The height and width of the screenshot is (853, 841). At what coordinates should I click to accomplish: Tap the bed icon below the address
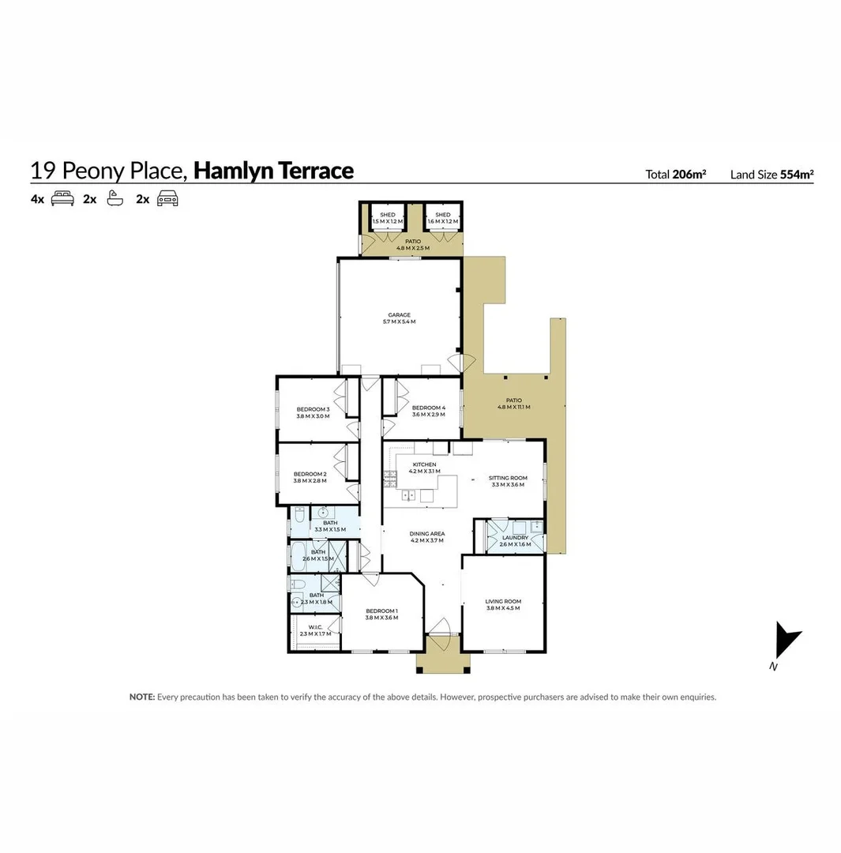[x=62, y=199]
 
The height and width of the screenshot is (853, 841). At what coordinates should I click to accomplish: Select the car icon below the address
[x=167, y=199]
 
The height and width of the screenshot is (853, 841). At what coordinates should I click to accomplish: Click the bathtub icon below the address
[x=115, y=199]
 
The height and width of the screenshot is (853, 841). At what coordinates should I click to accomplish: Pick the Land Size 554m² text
[x=772, y=175]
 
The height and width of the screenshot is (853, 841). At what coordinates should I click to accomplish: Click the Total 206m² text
[x=675, y=175]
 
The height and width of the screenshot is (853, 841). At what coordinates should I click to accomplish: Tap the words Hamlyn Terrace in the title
[x=273, y=171]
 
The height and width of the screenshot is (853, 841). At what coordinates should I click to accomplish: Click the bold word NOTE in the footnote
[x=142, y=697]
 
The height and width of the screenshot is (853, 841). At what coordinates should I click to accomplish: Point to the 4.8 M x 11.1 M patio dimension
[x=513, y=408]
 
